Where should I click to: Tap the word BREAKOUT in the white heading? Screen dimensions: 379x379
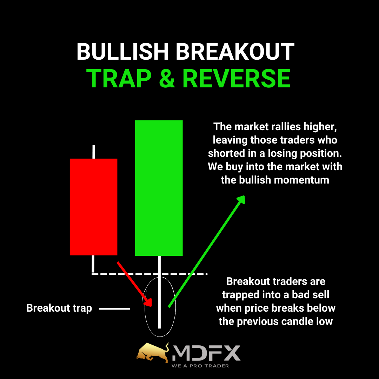coord(235,52)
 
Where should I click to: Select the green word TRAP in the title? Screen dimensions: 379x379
coord(119,78)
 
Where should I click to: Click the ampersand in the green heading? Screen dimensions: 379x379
coord(167,78)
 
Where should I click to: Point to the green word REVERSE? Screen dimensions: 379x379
coord(237,78)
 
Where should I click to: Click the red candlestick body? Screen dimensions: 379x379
coord(94,207)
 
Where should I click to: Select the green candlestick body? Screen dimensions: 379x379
coord(159,188)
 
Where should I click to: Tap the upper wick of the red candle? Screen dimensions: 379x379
coord(94,152)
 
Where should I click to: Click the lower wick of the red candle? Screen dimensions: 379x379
coord(93,264)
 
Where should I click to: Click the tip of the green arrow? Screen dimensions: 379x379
coord(245,196)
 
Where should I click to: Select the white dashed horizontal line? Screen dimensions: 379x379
coord(149,274)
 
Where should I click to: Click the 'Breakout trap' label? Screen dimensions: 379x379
coord(59,308)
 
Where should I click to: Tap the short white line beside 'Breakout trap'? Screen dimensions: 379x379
coord(114,309)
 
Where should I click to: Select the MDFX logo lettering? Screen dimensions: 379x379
coord(206,353)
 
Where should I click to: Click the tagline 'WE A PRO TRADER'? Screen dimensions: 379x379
coord(200,366)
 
